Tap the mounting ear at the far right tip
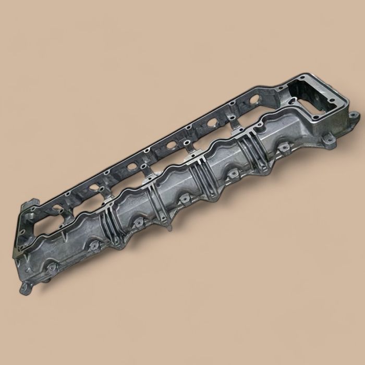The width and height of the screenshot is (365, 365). [354, 115]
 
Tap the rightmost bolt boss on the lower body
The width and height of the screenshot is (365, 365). [284, 148]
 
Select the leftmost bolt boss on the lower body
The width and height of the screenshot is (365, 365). [53, 268]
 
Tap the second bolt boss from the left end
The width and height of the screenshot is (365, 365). [94, 244]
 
